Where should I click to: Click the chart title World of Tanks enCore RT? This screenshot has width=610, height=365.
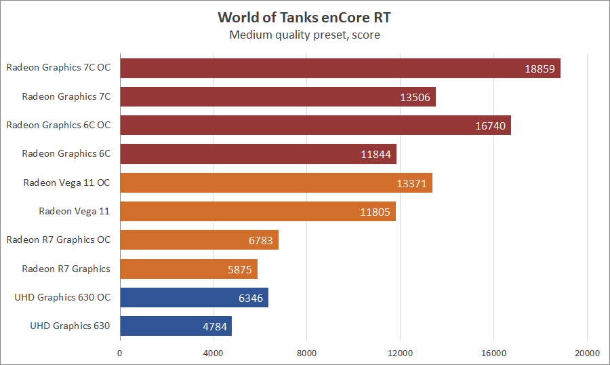click(304, 17)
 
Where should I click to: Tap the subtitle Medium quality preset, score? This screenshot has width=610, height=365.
click(304, 35)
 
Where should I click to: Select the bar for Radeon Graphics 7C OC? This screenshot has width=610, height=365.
click(339, 68)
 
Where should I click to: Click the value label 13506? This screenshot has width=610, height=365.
click(415, 97)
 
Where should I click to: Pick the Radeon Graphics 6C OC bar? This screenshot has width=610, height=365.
click(315, 126)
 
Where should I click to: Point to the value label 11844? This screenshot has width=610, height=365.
click(376, 155)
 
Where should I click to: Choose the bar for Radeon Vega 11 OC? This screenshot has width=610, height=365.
click(276, 183)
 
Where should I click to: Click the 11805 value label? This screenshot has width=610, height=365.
click(375, 212)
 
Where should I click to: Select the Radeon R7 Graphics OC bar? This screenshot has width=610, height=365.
click(199, 240)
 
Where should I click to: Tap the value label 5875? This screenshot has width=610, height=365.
click(240, 270)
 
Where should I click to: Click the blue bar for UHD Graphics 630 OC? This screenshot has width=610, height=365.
click(194, 298)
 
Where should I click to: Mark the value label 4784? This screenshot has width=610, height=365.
click(215, 327)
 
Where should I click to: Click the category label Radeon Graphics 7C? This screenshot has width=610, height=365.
click(66, 96)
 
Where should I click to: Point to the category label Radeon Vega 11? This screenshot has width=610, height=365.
click(74, 211)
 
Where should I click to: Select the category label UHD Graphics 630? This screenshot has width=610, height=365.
click(70, 326)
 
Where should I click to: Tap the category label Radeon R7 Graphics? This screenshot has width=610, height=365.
click(66, 269)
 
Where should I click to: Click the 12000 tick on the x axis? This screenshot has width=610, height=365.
click(400, 353)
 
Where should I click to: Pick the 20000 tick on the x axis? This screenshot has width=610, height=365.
click(587, 353)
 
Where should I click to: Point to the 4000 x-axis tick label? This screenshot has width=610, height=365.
click(213, 353)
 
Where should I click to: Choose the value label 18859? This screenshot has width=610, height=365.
click(540, 69)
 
